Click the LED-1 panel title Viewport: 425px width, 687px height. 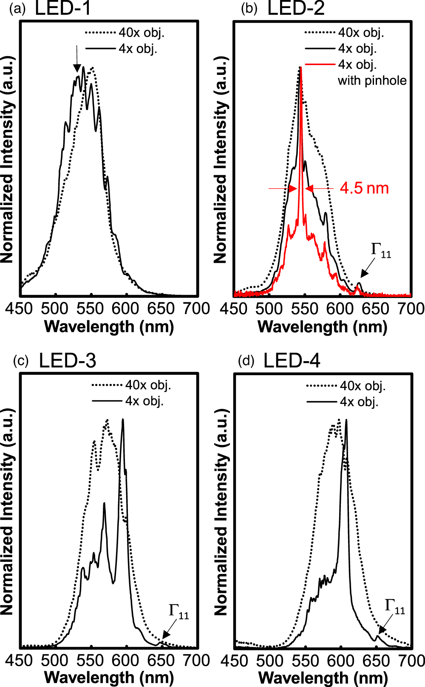[63, 9]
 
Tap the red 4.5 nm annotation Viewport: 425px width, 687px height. [364, 188]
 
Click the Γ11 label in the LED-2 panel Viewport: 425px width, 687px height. [381, 250]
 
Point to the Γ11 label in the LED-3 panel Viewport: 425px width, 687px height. [178, 612]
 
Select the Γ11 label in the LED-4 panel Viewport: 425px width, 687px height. [395, 607]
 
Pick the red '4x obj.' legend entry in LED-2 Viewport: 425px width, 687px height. [357, 64]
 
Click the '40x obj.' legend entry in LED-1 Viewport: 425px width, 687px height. [141, 32]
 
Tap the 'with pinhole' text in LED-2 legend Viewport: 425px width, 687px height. [372, 80]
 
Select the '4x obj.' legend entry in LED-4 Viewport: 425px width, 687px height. [359, 402]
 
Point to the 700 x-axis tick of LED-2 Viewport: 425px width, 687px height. [411, 308]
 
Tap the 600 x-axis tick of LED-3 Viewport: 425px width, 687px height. [126, 660]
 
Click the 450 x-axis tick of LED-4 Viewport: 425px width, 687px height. [234, 661]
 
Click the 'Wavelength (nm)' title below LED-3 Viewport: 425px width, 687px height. [109, 678]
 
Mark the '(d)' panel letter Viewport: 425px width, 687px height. [246, 361]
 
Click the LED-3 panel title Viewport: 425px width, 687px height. [68, 361]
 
